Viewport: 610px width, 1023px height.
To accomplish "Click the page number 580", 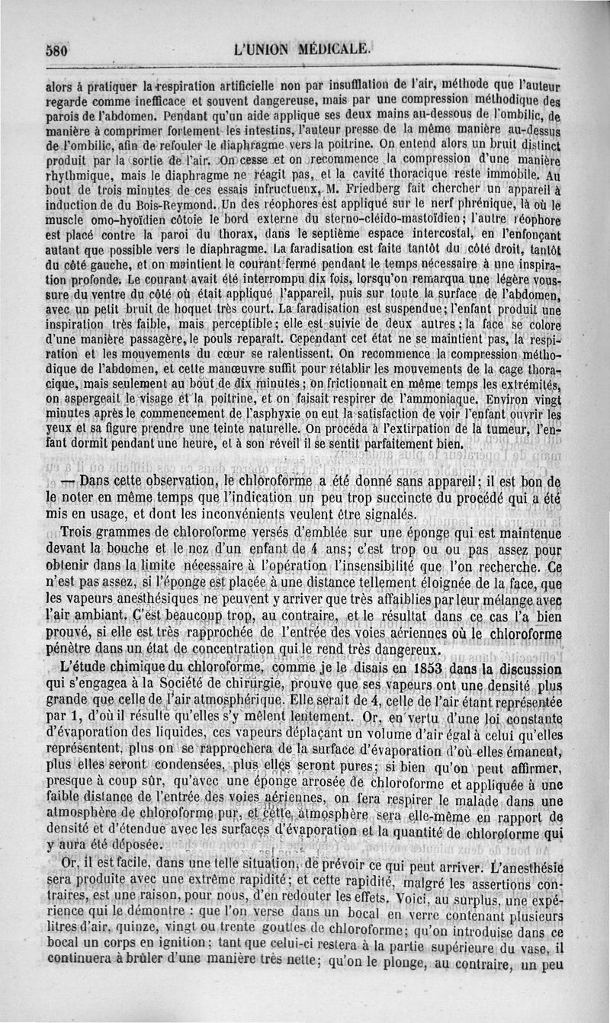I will [56, 52].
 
